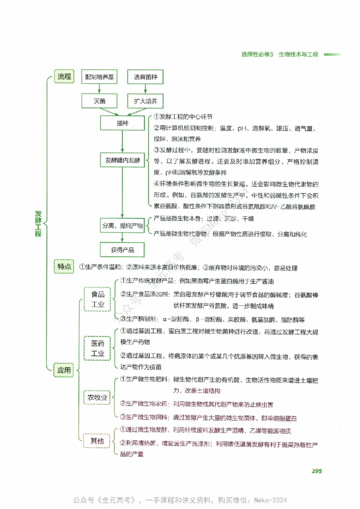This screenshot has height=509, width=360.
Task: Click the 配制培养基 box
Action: click(x=99, y=77)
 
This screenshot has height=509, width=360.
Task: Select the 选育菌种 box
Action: click(x=145, y=77)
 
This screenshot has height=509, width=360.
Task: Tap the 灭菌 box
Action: click(x=99, y=101)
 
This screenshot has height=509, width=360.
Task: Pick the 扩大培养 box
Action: click(x=145, y=101)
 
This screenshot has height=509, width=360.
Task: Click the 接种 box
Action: click(x=122, y=123)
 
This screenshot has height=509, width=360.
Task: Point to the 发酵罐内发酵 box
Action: click(x=122, y=160)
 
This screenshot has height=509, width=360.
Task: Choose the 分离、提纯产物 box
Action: click(x=122, y=226)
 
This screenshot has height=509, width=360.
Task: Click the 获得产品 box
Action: click(x=122, y=250)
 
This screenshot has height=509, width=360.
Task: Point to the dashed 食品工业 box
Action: click(x=98, y=299)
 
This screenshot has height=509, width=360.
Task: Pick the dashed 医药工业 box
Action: click(x=98, y=348)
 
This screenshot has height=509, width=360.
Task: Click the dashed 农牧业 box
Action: click(x=98, y=397)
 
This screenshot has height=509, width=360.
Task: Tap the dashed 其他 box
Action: click(x=98, y=441)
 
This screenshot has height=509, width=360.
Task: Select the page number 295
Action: click(x=316, y=471)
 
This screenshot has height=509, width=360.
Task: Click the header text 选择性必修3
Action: click(x=257, y=54)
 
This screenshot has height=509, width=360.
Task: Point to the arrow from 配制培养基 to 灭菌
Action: click(x=99, y=89)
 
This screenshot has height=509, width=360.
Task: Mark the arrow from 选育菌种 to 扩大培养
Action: click(x=145, y=89)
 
